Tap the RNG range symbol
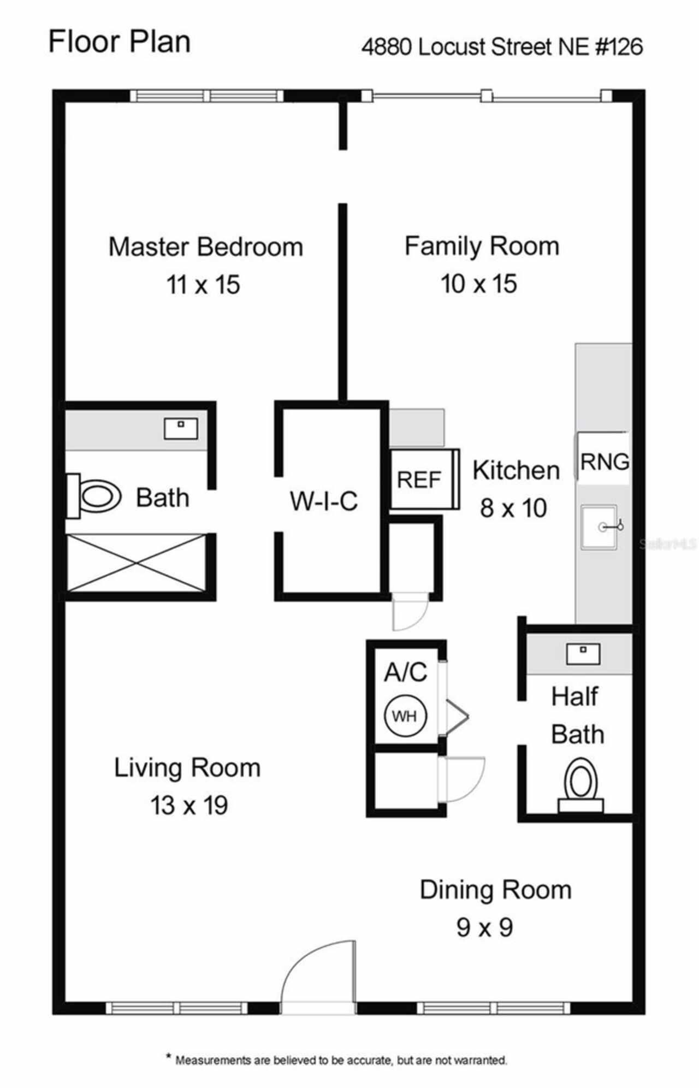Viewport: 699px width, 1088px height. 603,462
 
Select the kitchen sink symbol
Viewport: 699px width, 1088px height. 600,527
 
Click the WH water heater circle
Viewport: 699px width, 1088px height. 405,716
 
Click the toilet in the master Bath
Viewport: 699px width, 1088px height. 96,496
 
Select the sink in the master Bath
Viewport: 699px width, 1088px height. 181,429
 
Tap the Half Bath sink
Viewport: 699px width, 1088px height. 583,654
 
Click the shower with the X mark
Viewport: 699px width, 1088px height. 136,563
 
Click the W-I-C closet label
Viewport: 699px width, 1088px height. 324,501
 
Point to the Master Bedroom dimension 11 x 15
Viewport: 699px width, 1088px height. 203,285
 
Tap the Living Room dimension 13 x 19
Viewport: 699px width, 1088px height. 189,806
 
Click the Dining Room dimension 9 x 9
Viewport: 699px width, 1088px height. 484,927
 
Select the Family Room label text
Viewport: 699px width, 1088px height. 482,246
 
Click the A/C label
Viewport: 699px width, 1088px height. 405,672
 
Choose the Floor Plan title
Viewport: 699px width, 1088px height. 120,42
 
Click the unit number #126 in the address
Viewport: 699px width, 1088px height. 619,47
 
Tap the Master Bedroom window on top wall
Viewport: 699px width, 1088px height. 206,96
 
